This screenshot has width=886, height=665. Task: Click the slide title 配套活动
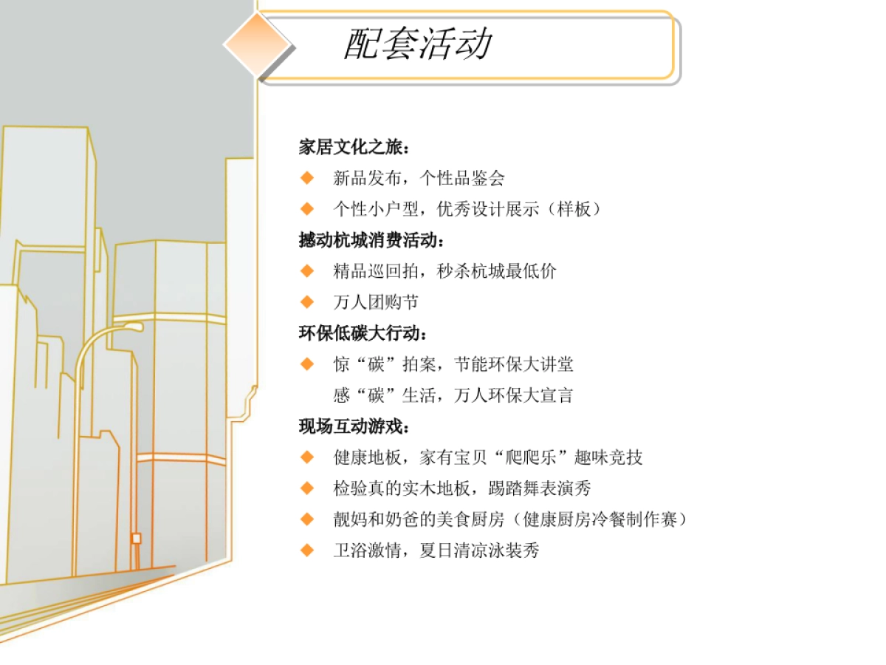(418, 44)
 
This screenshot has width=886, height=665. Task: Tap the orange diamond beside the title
(258, 44)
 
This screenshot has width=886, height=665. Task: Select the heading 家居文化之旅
(353, 147)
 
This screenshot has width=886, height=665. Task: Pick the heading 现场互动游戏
(353, 426)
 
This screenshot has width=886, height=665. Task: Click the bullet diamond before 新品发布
(307, 178)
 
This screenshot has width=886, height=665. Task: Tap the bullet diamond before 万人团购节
(307, 302)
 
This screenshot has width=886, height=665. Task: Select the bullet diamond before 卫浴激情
(307, 550)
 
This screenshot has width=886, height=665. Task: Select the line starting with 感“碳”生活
(453, 395)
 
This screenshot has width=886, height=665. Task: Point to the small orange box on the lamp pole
(136, 539)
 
